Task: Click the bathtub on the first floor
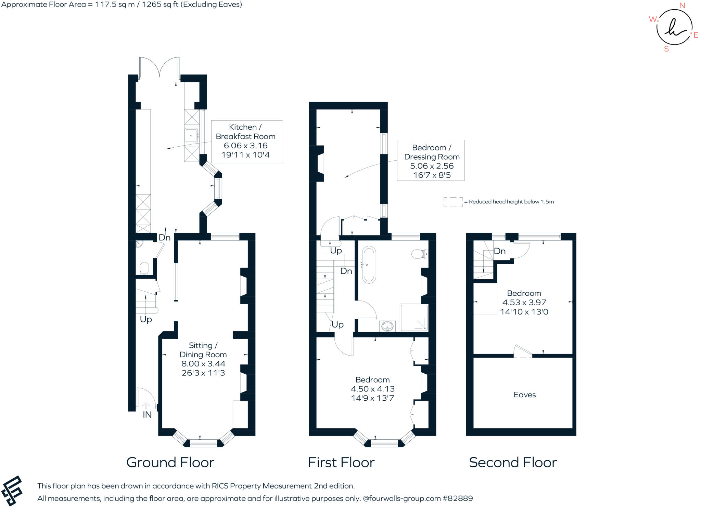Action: (369, 265)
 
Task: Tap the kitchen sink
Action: (191, 135)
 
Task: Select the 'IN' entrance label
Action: (147, 415)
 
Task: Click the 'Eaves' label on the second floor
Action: (524, 395)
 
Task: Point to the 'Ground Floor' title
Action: (170, 463)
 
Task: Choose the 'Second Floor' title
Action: (513, 463)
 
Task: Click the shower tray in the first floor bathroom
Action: (414, 318)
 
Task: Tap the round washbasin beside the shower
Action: (387, 326)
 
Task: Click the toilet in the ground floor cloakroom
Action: (144, 268)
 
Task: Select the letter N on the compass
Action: (682, 5)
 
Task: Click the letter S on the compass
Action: (666, 49)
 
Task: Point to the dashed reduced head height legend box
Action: (453, 202)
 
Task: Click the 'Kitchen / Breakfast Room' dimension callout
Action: (247, 141)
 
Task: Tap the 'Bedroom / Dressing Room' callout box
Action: (431, 160)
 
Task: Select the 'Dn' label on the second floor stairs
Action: (499, 251)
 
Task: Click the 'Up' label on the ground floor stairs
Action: (146, 319)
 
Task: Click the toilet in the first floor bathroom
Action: (419, 254)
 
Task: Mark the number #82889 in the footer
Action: (458, 498)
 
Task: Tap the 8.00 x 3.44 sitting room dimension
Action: (203, 364)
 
